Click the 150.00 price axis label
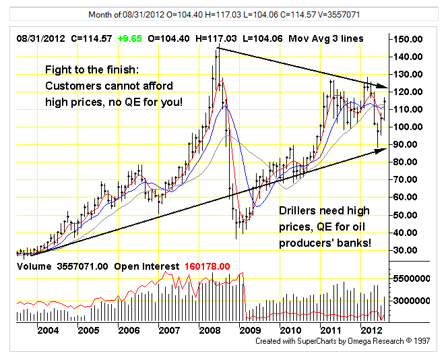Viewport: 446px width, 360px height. pyautogui.click(x=410, y=39)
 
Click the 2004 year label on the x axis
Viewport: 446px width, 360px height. pyautogui.click(x=47, y=330)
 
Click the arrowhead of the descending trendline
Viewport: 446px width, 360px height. pyautogui.click(x=385, y=87)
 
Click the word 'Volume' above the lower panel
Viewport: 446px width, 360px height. pyautogui.click(x=33, y=266)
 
